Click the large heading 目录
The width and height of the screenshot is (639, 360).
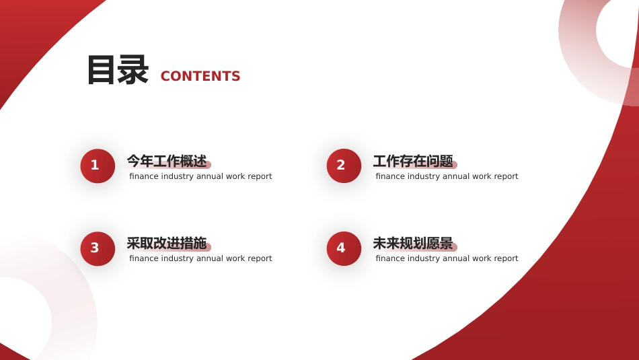[x=117, y=70]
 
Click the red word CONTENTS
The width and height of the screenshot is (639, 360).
[x=200, y=76]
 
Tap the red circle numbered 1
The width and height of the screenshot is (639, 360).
[x=98, y=166]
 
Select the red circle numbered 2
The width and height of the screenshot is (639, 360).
[x=344, y=166]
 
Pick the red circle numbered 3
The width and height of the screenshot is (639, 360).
[x=98, y=249]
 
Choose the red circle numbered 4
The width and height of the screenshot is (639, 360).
[x=344, y=249]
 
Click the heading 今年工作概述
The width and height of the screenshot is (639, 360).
[x=167, y=161]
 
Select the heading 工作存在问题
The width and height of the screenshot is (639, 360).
[x=413, y=161]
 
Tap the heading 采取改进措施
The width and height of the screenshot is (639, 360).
[x=167, y=244]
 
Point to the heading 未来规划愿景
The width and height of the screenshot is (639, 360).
[x=413, y=244]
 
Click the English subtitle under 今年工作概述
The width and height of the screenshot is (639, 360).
[x=200, y=176]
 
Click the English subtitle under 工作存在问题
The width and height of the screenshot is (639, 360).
[x=447, y=176]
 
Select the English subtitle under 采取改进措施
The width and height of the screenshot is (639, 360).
[x=200, y=258]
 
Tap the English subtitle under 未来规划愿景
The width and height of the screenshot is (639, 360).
[x=447, y=258]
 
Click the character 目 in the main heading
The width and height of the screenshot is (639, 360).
[x=101, y=70]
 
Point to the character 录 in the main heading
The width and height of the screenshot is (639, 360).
[x=133, y=70]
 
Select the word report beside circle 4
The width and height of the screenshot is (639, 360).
[x=506, y=259]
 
